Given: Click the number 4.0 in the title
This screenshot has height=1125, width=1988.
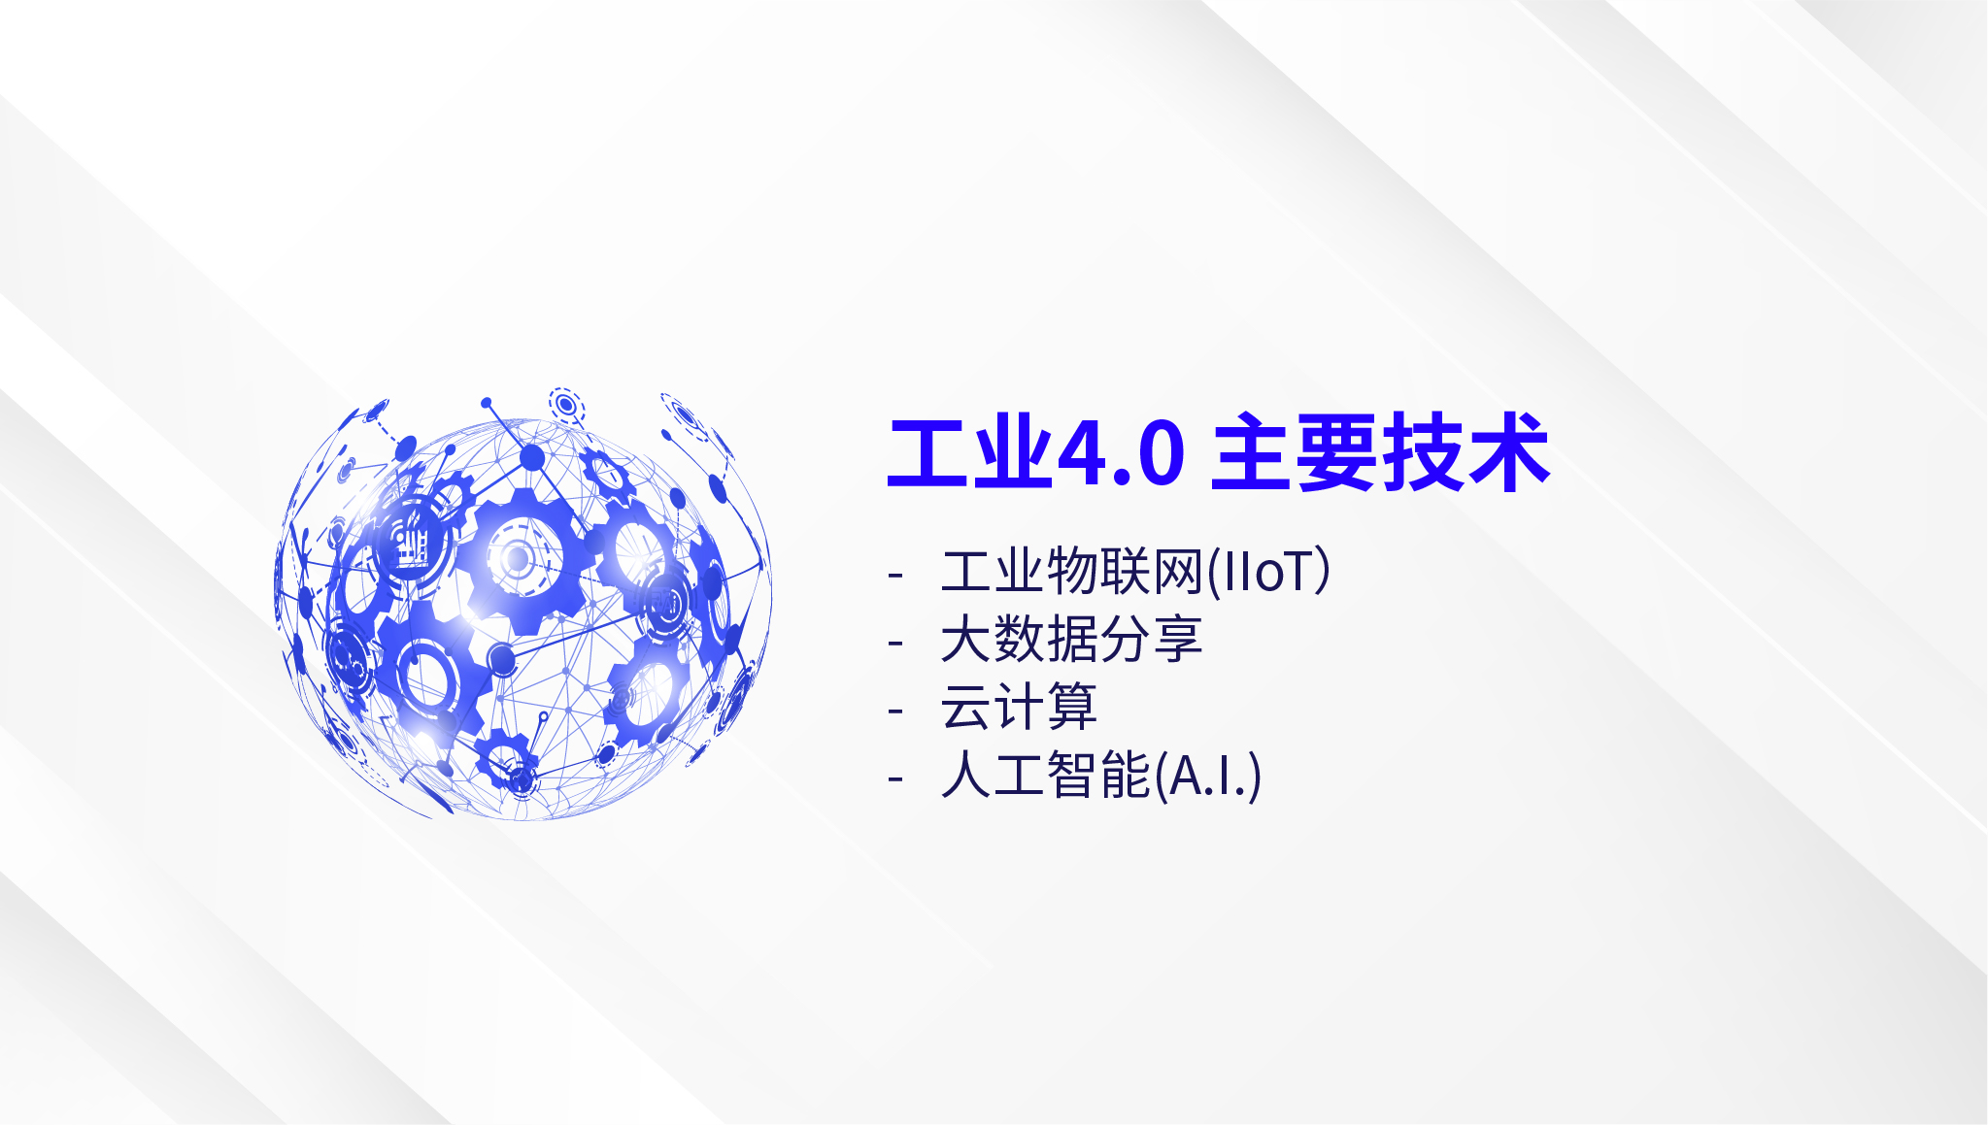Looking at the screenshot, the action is click(x=1121, y=453).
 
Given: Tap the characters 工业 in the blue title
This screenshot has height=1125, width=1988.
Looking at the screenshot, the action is click(x=970, y=452).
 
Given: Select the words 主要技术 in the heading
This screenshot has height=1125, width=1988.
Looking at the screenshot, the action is click(x=1380, y=452).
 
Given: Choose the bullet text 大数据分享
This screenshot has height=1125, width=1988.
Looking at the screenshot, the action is click(x=1071, y=639).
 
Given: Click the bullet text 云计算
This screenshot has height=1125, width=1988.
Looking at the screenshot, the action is click(x=1019, y=707).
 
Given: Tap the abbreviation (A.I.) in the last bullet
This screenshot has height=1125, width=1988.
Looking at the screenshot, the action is click(x=1207, y=775).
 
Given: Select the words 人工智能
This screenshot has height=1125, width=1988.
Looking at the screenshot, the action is click(x=1045, y=775).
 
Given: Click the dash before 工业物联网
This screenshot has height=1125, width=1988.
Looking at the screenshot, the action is click(x=895, y=575).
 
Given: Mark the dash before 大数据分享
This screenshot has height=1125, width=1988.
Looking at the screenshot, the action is click(x=895, y=643).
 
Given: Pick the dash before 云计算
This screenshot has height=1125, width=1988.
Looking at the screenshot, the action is click(x=895, y=711).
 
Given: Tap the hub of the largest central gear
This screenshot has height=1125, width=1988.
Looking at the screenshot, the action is click(x=518, y=559).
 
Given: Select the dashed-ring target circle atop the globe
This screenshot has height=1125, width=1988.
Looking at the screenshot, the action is click(x=565, y=403).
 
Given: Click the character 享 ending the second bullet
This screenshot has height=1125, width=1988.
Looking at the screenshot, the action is click(x=1177, y=639).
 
